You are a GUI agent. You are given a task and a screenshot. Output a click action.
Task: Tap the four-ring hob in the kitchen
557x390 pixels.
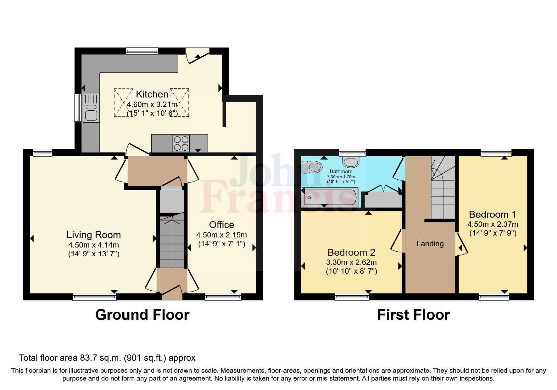click(181, 143)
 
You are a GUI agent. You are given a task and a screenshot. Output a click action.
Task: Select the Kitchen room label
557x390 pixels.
click(152, 94)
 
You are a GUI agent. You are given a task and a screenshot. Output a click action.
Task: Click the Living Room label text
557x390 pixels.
click(94, 235)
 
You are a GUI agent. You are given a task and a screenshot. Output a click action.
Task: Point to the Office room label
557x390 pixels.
click(221, 225)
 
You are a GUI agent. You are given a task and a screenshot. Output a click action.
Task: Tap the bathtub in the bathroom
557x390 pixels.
click(329, 197)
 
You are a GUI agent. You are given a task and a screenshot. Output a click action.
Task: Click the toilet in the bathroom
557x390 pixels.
click(311, 167)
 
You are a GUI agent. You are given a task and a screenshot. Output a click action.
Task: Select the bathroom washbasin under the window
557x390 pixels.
click(351, 162)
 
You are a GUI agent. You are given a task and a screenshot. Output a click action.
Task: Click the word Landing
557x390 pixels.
click(430, 244)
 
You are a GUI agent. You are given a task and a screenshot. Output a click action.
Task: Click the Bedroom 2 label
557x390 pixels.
click(351, 252)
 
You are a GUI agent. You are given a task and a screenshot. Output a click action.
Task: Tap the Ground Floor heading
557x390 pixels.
click(142, 315)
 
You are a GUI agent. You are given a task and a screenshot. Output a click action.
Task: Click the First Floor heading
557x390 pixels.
click(413, 315)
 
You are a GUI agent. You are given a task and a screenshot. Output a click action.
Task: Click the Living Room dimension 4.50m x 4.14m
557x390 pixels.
click(94, 245)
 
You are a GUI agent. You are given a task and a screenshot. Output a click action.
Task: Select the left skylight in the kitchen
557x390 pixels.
click(123, 103)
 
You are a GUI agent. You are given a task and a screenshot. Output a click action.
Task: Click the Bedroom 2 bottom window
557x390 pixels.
click(351, 296)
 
